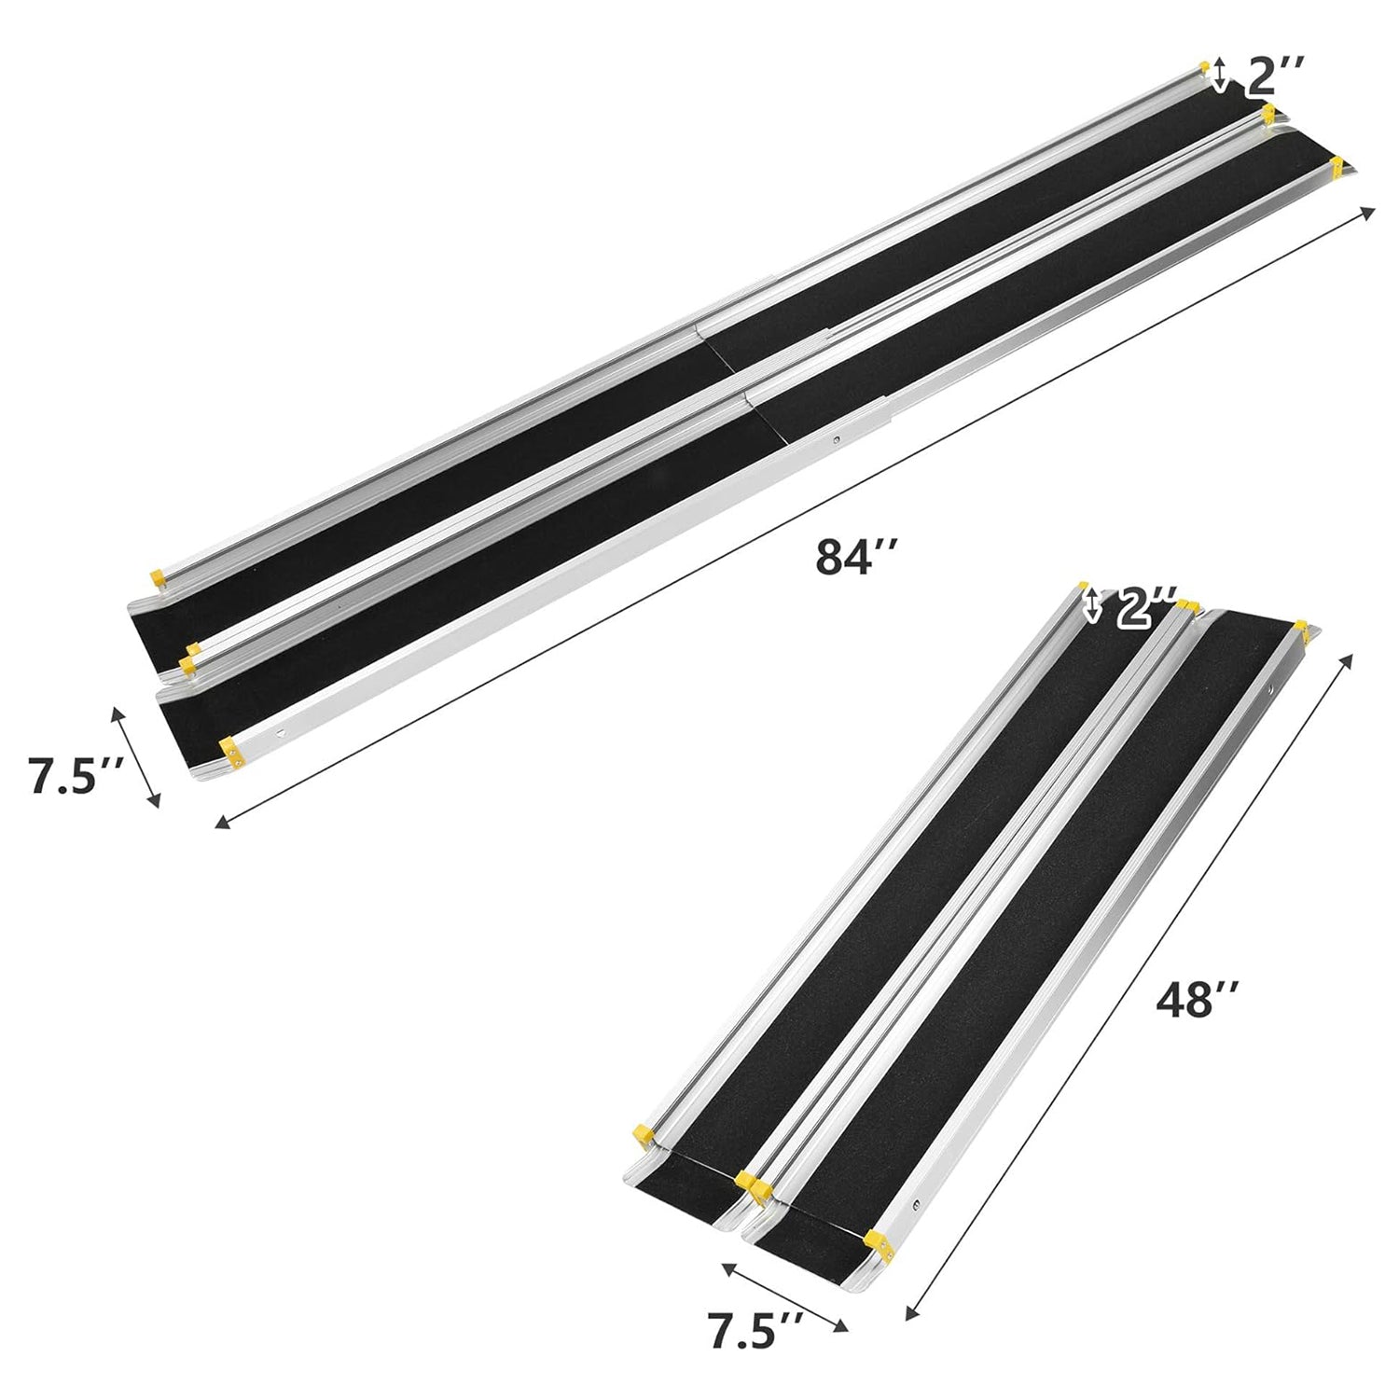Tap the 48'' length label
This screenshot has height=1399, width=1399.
1197,1002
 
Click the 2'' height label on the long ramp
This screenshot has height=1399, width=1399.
1275,76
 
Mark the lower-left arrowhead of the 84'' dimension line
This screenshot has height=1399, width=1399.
222,823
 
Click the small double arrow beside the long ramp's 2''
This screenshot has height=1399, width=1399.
1220,76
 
